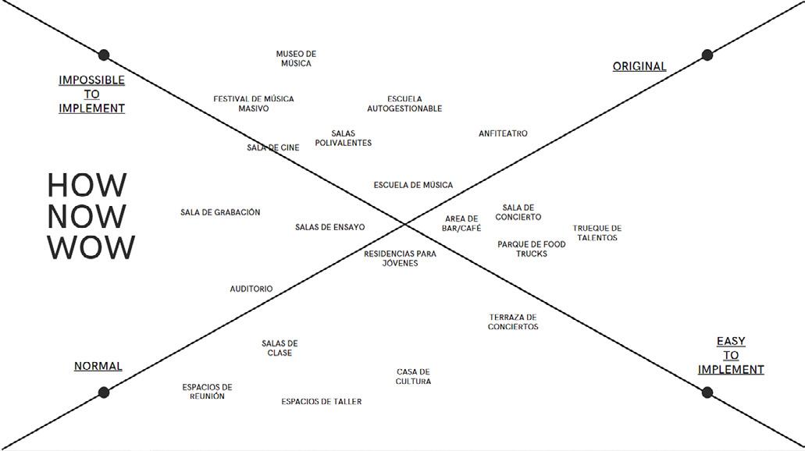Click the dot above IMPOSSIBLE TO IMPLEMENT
[104, 55]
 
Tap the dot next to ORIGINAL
[707, 55]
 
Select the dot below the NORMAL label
[104, 392]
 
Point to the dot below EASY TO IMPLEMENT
[707, 392]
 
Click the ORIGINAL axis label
[639, 67]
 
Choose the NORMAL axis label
[98, 367]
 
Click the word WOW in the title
[91, 248]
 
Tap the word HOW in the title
[87, 186]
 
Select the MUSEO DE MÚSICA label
[296, 59]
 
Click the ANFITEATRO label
[503, 134]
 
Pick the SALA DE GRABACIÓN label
[220, 212]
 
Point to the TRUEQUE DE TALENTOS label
[597, 233]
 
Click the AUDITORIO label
[251, 289]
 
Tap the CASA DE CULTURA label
[413, 377]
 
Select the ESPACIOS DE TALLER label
[322, 402]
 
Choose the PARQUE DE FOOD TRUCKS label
[532, 249]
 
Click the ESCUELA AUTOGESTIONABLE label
[404, 104]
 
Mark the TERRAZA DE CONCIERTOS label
[513, 322]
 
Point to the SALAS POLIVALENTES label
[344, 138]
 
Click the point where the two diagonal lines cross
[405, 225]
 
